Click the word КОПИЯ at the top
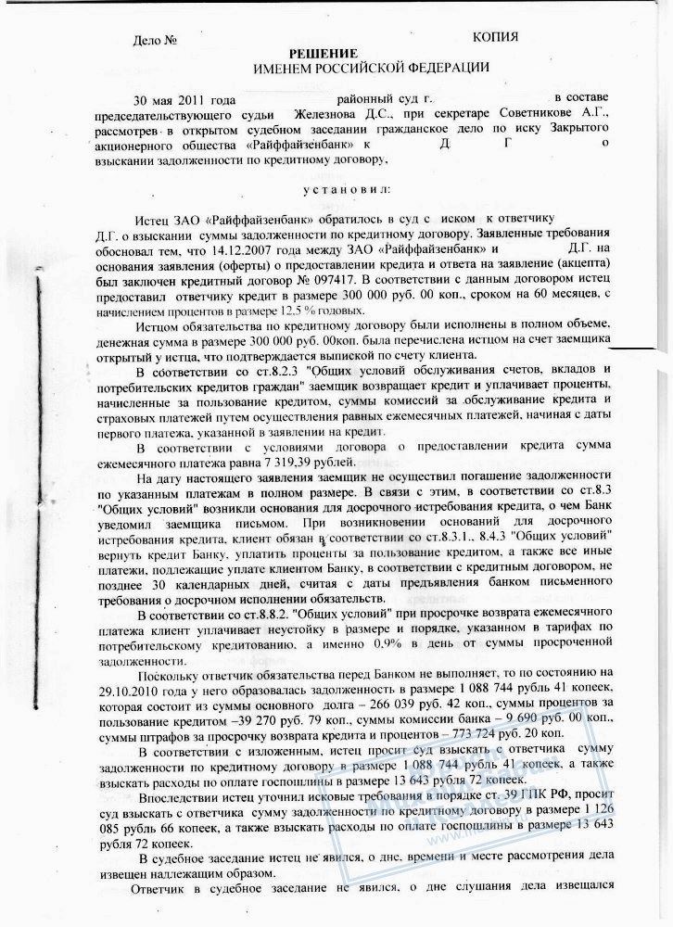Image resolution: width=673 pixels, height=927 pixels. pyautogui.click(x=494, y=36)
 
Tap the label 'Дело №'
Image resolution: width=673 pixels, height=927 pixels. pyautogui.click(x=154, y=41)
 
